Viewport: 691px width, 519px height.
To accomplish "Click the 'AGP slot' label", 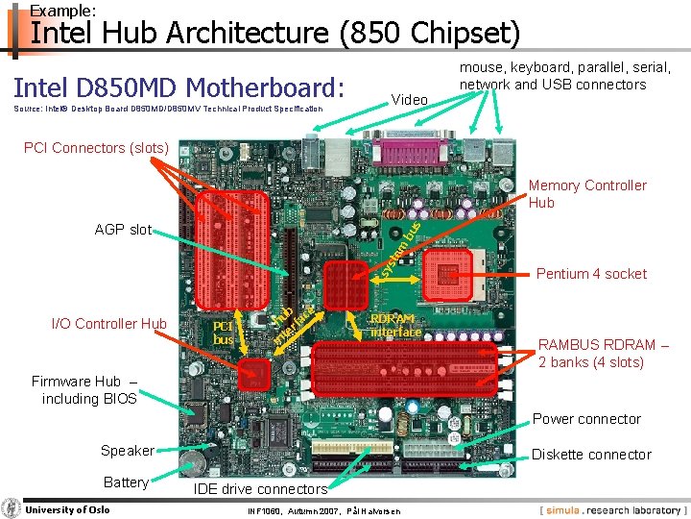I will click(x=123, y=230).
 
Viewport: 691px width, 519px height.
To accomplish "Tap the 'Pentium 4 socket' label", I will click(x=591, y=274).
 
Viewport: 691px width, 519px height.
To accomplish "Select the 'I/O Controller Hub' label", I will click(x=109, y=324).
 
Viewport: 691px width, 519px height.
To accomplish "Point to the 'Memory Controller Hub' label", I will click(x=587, y=193).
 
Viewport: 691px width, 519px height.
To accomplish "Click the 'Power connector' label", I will click(x=586, y=419).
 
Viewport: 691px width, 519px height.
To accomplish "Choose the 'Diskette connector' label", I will click(x=591, y=455).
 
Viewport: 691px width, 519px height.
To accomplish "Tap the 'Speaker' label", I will click(x=127, y=451).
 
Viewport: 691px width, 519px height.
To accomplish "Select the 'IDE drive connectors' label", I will click(x=260, y=489).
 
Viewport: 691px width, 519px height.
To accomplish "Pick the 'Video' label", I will click(x=410, y=100).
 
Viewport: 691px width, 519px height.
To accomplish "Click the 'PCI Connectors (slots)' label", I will click(x=96, y=148).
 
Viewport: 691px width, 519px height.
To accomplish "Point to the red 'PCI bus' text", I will click(x=224, y=333).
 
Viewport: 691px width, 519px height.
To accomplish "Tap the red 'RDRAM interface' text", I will click(x=395, y=325).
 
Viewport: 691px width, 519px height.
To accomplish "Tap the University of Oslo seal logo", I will click(x=12, y=508).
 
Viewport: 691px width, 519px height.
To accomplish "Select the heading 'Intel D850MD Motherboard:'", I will click(x=179, y=88).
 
